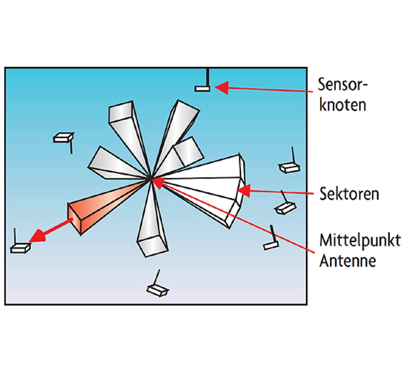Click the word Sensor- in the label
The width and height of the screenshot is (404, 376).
pyautogui.click(x=342, y=85)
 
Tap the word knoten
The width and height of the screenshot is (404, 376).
pyautogui.click(x=342, y=105)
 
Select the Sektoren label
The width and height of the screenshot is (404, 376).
pyautogui.click(x=349, y=193)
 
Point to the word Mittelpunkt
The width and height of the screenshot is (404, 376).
pyautogui.click(x=360, y=241)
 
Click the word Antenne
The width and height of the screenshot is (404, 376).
pyautogui.click(x=348, y=261)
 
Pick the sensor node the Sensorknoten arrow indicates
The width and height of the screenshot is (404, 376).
pyautogui.click(x=202, y=89)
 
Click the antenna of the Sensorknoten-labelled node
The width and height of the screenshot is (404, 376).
pyautogui.click(x=207, y=77)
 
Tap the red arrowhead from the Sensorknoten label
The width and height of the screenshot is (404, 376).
pyautogui.click(x=222, y=88)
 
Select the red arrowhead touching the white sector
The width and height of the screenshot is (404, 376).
pyautogui.click(x=244, y=191)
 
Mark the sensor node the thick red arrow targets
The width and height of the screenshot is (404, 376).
pyautogui.click(x=21, y=248)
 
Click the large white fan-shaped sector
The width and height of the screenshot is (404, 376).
pyautogui.click(x=205, y=183)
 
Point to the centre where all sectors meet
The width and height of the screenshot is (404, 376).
pyautogui.click(x=151, y=179)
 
